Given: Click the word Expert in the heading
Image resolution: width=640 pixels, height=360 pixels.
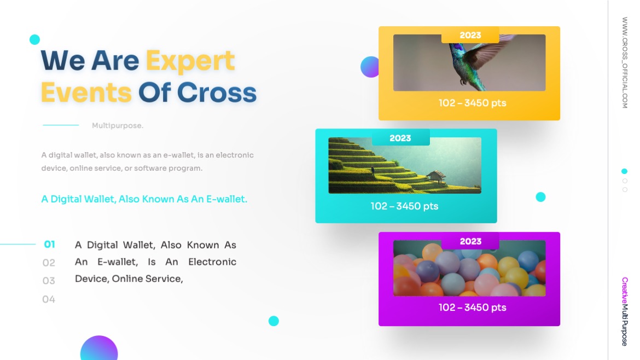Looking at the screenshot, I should (x=190, y=61).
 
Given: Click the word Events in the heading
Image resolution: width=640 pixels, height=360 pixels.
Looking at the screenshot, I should (x=86, y=92).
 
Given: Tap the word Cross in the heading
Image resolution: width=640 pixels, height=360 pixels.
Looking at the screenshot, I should (x=217, y=92).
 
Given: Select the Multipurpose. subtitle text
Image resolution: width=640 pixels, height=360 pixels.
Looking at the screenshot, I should (x=118, y=126).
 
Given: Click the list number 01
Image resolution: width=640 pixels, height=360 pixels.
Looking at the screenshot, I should (x=49, y=245).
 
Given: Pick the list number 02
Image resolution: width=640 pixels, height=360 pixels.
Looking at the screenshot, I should (x=49, y=263).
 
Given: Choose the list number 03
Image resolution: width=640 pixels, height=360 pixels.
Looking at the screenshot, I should (x=49, y=281).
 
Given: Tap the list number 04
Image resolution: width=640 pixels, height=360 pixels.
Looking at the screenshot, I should (x=49, y=299).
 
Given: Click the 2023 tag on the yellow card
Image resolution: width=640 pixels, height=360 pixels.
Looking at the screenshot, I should (x=470, y=36).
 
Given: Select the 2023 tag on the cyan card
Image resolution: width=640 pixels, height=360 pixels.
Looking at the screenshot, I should (x=400, y=138).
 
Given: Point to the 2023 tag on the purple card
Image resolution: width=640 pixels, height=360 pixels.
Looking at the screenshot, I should (x=470, y=241).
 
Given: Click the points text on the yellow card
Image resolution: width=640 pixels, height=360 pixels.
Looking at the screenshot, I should (x=472, y=103).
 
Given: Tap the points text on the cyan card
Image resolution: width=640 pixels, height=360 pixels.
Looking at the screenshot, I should (x=404, y=206).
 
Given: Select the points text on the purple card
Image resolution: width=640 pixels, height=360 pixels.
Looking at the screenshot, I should (x=472, y=307).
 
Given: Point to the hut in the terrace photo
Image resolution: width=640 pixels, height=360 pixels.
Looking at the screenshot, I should (x=436, y=176).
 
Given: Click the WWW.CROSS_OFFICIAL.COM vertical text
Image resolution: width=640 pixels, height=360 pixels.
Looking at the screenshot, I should (x=624, y=62).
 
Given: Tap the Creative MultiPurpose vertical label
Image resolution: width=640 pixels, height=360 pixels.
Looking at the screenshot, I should (x=624, y=311).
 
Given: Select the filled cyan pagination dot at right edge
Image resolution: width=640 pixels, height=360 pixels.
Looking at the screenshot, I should (x=625, y=171).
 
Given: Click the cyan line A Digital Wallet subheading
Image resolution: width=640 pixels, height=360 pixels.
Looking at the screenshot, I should (x=144, y=199).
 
